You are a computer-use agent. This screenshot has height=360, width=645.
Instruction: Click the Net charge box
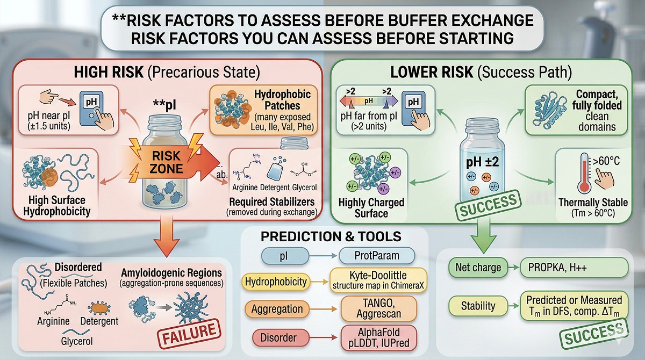click(x=477, y=267)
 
